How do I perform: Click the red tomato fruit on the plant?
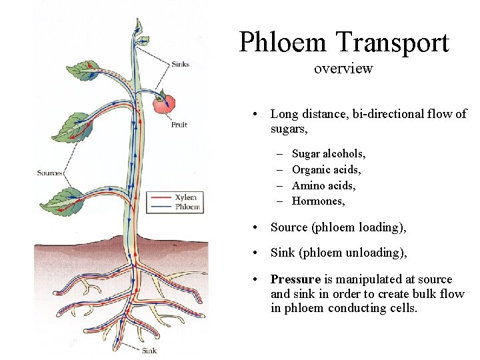164,103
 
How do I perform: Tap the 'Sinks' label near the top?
180,65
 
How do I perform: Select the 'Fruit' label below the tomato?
179,125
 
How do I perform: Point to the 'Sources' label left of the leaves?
49,173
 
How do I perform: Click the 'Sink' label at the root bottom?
149,350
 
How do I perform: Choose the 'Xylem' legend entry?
185,197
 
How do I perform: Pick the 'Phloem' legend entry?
187,207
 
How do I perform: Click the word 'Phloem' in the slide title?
284,43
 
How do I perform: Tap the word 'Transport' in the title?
393,43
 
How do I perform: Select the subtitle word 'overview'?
343,68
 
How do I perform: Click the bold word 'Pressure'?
295,279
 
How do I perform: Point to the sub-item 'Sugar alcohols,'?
329,153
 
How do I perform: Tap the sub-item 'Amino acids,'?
324,185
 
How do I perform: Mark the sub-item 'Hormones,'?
319,201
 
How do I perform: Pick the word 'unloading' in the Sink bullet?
372,253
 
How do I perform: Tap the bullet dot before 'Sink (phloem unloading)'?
256,253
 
